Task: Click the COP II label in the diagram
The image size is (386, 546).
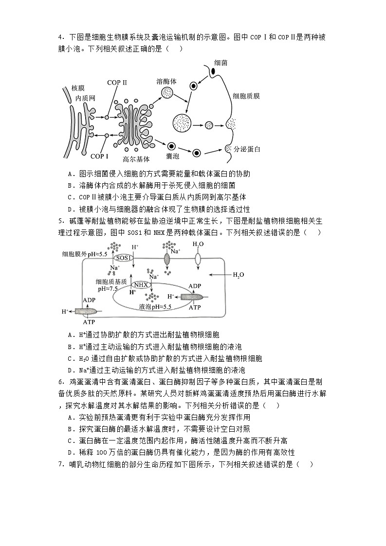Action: (x=117, y=83)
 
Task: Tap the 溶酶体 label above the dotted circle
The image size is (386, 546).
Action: (x=166, y=81)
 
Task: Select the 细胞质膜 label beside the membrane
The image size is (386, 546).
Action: (x=246, y=96)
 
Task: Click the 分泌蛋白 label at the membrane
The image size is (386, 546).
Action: (x=247, y=149)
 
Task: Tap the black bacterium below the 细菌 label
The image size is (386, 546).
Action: (x=213, y=71)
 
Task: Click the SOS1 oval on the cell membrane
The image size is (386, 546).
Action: (x=124, y=257)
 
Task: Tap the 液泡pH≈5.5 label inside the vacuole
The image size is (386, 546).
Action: (x=155, y=307)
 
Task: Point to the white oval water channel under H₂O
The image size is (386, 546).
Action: (x=198, y=259)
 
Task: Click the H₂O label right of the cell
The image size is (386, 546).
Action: (x=238, y=275)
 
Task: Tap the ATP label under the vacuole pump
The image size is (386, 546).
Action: (x=195, y=307)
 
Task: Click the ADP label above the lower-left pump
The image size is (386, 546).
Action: (x=89, y=300)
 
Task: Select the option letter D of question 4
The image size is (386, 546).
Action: (x=71, y=209)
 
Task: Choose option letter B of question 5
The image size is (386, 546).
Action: (x=71, y=347)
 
